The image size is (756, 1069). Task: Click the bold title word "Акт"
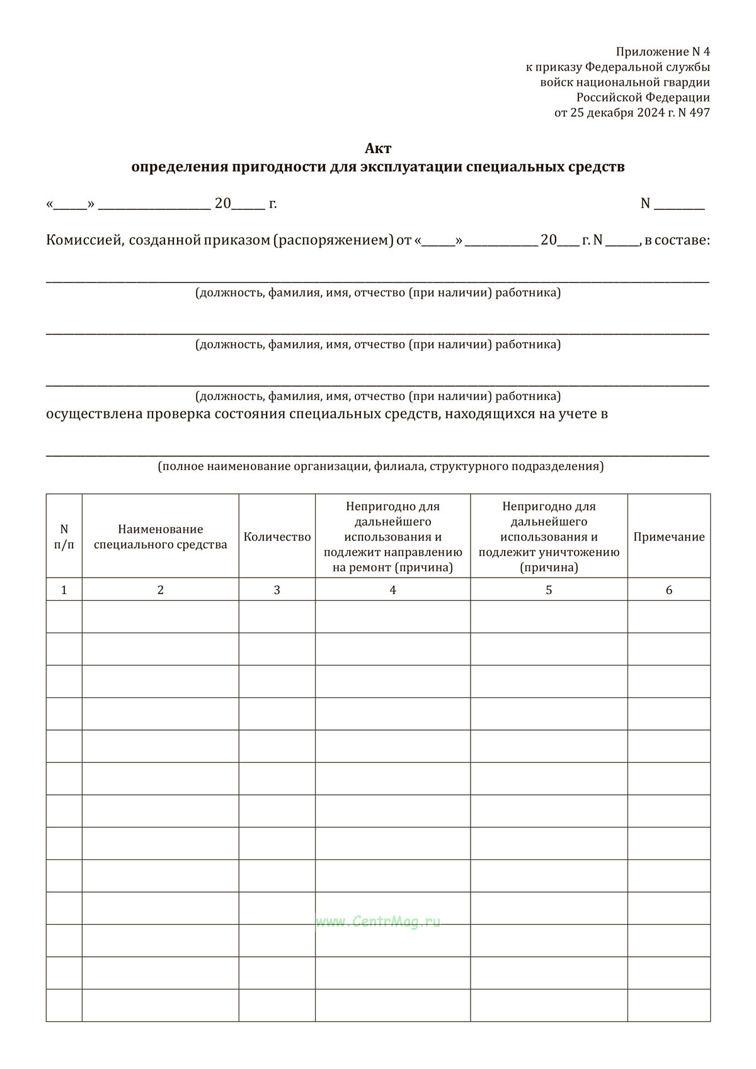pos(378,149)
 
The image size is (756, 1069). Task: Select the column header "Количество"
pos(277,537)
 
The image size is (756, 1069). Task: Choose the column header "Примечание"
pos(669,537)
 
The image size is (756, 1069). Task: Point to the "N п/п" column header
pos(64,537)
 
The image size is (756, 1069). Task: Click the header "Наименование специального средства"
pos(161,537)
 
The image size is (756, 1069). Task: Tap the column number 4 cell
pos(392,590)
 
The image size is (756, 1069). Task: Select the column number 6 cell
pos(669,590)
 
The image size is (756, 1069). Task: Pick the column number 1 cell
pos(64,590)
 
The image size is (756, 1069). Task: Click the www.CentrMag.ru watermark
pos(378,922)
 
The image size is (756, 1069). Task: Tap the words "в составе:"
pos(677,240)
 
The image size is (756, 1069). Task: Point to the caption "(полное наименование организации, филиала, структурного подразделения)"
pos(381,466)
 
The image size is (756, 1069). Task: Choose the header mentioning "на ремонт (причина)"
pos(392,537)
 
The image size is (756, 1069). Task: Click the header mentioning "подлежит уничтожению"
pos(549,537)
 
